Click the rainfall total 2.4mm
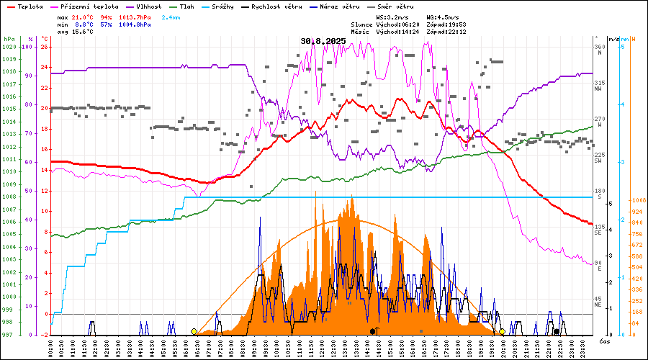click(x=171, y=17)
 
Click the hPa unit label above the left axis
click(x=9, y=38)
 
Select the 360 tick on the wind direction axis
click(x=599, y=47)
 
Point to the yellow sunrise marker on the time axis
click(x=194, y=331)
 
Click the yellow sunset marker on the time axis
click(x=502, y=331)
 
